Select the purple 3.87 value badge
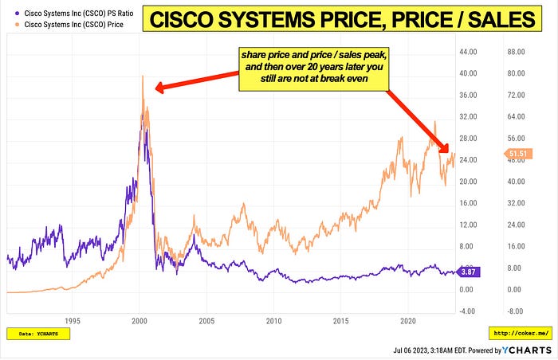[470, 272]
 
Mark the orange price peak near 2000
[142, 77]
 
